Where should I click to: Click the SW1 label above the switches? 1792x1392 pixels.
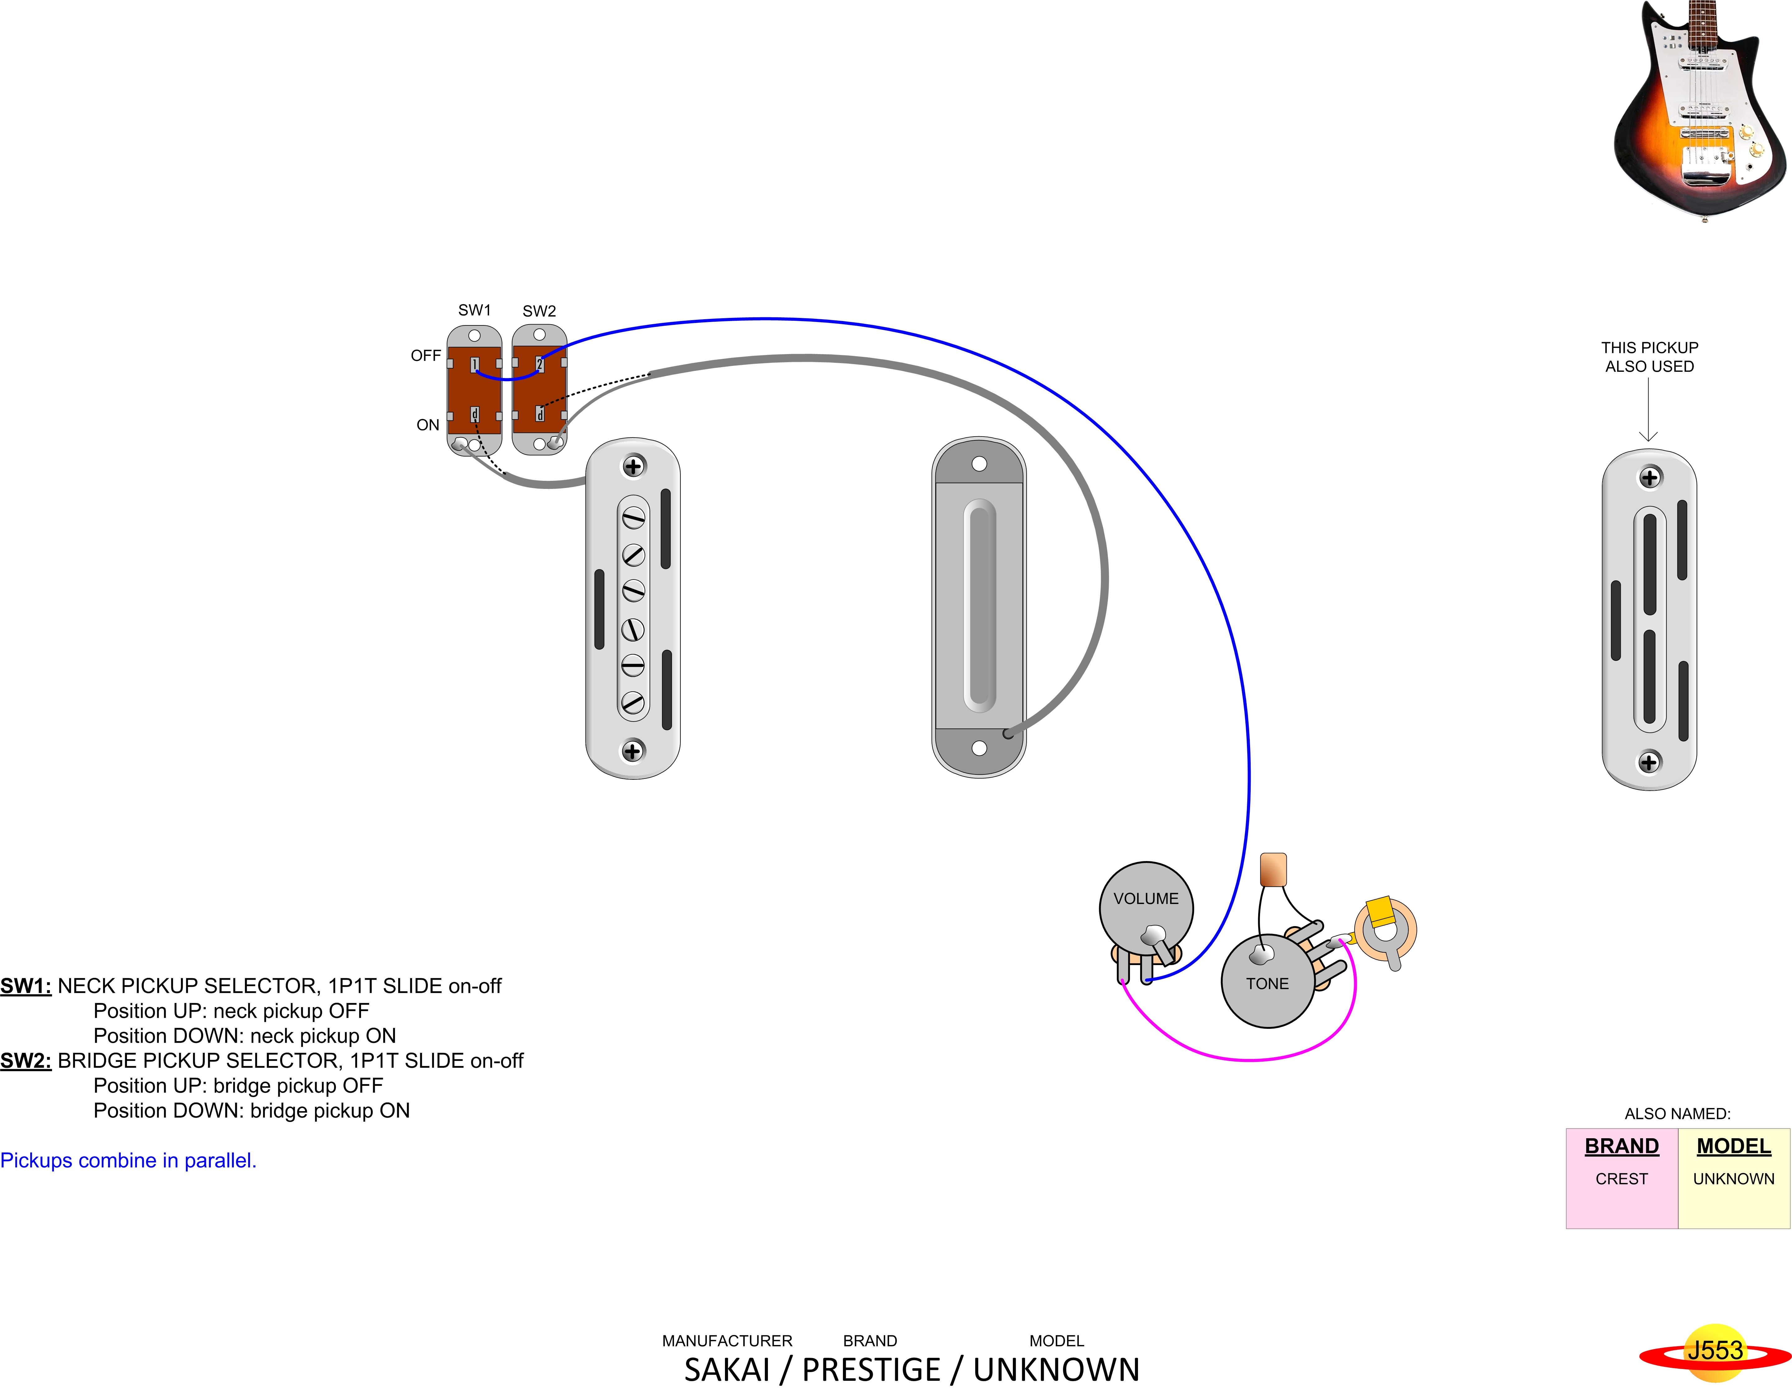(474, 310)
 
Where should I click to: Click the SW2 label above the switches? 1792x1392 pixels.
(539, 311)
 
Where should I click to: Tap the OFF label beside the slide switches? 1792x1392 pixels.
(426, 355)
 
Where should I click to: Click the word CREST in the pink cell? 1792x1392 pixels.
(1621, 1179)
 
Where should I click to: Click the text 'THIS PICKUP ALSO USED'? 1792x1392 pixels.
(1649, 357)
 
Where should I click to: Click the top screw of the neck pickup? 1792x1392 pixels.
(633, 466)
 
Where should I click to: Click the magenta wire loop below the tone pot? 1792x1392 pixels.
(1247, 1059)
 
